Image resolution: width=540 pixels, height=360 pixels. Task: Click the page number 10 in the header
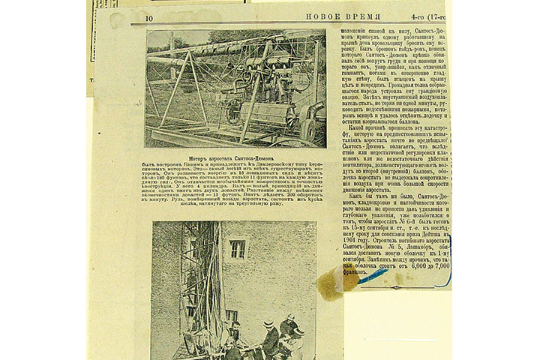[150, 17]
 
